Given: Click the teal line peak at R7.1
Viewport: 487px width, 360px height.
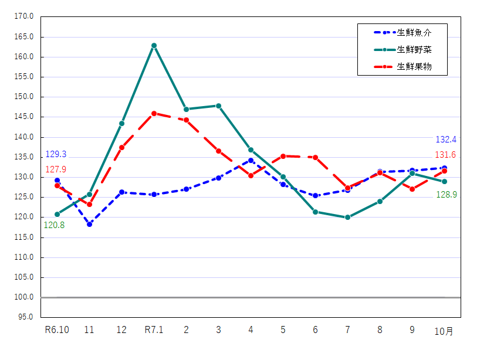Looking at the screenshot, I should tap(154, 45).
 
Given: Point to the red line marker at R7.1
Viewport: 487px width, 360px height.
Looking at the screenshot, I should tap(154, 113).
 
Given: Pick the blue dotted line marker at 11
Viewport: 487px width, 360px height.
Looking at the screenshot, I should tap(89, 224).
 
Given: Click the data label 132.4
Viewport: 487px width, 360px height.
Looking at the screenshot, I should tap(446, 140).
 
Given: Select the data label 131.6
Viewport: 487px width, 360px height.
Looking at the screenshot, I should tap(446, 155).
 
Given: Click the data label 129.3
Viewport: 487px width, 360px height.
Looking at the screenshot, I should tap(56, 154).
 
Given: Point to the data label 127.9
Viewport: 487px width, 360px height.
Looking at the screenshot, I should tap(56, 169).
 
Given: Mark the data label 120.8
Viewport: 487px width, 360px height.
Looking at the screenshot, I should tap(54, 225).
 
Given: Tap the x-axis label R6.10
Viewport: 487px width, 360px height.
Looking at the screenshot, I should tap(57, 330).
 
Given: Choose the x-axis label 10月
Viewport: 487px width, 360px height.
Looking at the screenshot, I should tap(444, 331).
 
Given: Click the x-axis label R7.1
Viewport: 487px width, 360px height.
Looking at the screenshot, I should tap(154, 330).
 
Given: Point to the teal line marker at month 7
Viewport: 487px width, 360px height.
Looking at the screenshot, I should tap(347, 217).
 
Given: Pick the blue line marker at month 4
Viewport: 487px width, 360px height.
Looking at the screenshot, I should tap(251, 160).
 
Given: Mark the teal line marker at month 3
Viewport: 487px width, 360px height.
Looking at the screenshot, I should tap(218, 106).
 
